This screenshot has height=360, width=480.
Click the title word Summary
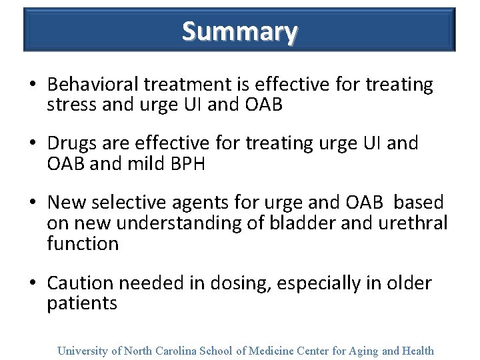[239, 31]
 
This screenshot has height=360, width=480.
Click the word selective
[131, 202]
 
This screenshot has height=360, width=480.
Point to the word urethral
[415, 222]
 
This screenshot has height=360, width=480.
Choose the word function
[83, 243]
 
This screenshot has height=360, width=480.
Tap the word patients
[82, 304]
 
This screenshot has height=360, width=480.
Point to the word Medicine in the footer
[274, 351]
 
